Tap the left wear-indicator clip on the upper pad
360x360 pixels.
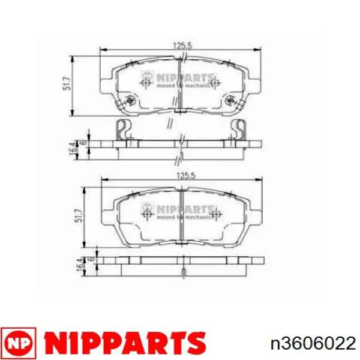[124, 128]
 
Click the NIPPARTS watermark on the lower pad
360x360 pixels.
[183, 211]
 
